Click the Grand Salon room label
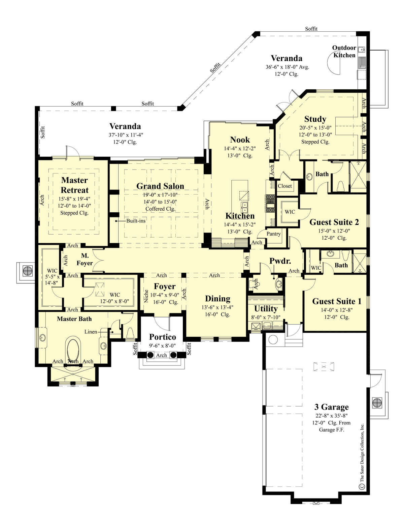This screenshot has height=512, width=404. [x=160, y=186]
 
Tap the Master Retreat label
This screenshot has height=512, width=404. [x=75, y=185]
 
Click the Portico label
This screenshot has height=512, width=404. [x=163, y=337]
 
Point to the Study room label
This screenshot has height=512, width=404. [x=315, y=119]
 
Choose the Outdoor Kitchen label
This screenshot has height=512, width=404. [x=344, y=51]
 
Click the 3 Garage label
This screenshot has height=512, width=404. [x=332, y=407]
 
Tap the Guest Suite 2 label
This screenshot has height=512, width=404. [x=334, y=222]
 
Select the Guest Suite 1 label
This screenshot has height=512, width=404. [x=337, y=301]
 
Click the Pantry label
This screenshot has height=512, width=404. [x=273, y=234]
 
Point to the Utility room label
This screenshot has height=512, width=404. [x=266, y=308]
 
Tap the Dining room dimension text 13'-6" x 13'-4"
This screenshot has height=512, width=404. [x=217, y=307]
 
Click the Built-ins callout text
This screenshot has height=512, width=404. [x=136, y=221]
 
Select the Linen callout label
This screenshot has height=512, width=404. [x=91, y=332]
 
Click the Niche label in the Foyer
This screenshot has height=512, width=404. [x=146, y=296]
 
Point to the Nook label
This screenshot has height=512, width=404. [x=240, y=140]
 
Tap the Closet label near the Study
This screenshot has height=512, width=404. [x=285, y=186]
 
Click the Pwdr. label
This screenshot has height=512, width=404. [x=280, y=261]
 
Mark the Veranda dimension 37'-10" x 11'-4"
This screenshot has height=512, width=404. [x=126, y=135]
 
